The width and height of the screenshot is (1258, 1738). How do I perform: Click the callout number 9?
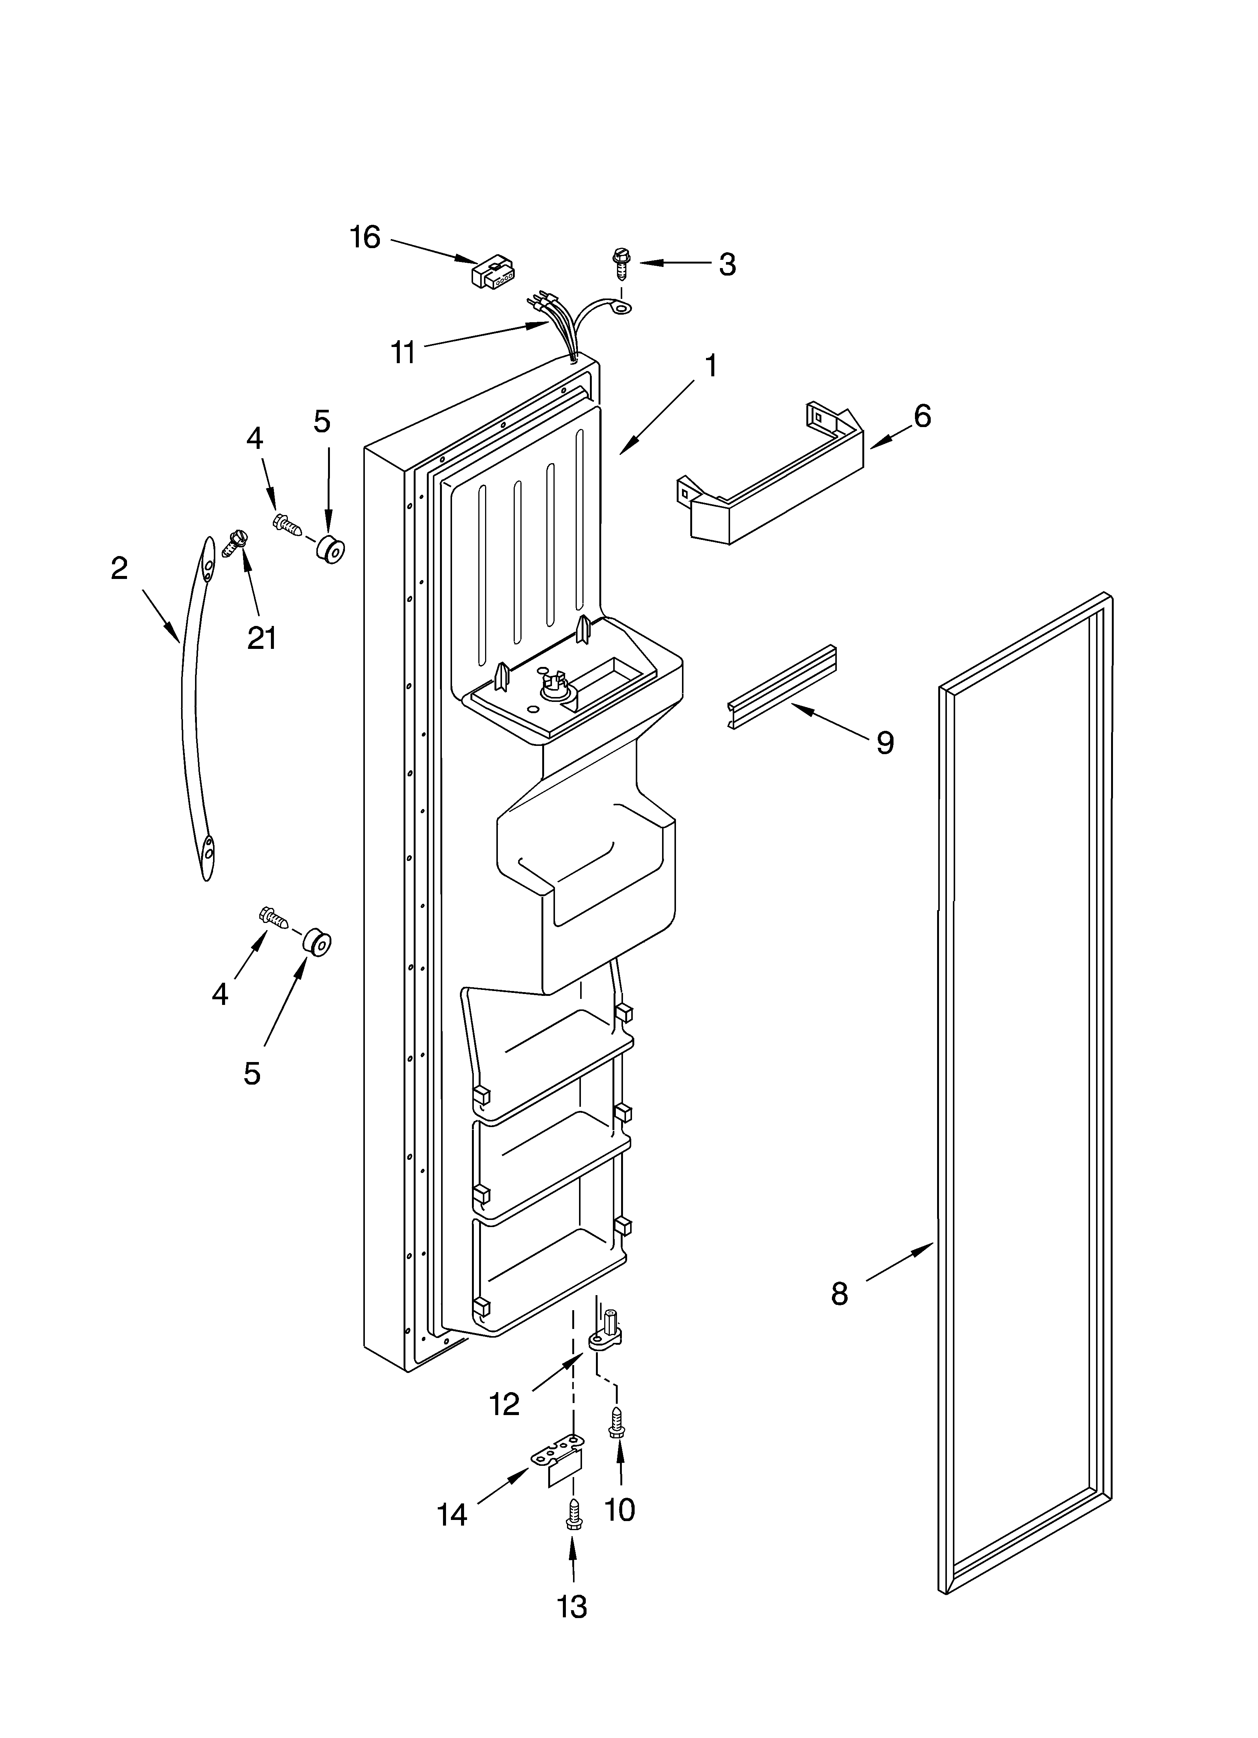[x=885, y=742]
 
